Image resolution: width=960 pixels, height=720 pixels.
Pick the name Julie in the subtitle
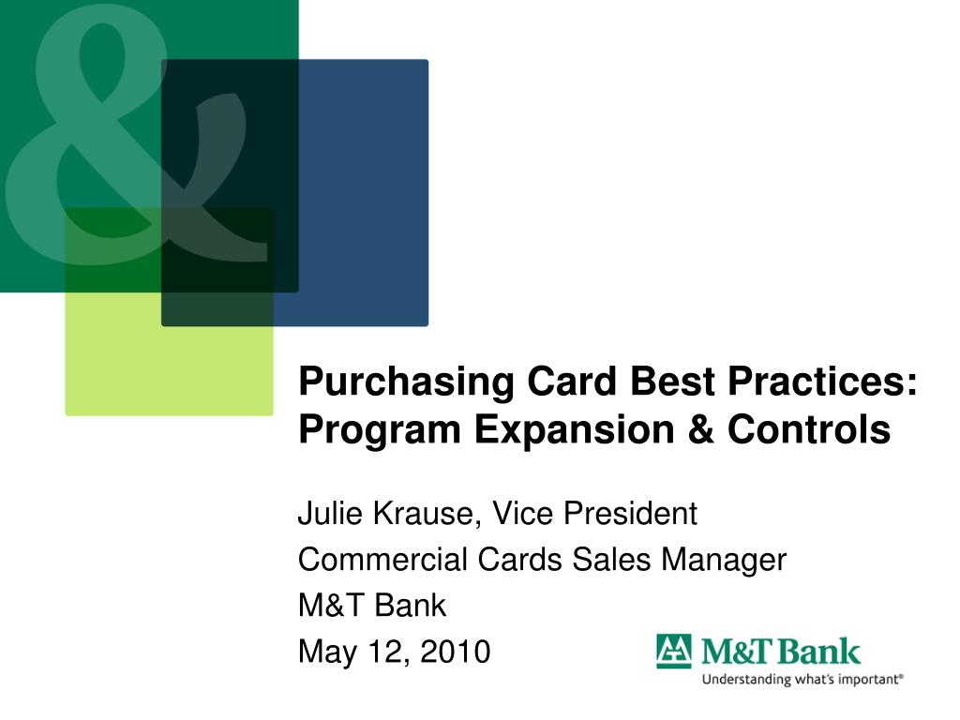[322, 514]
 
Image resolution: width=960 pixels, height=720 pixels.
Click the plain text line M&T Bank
[372, 606]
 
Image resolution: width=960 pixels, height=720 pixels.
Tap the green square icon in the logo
[672, 651]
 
